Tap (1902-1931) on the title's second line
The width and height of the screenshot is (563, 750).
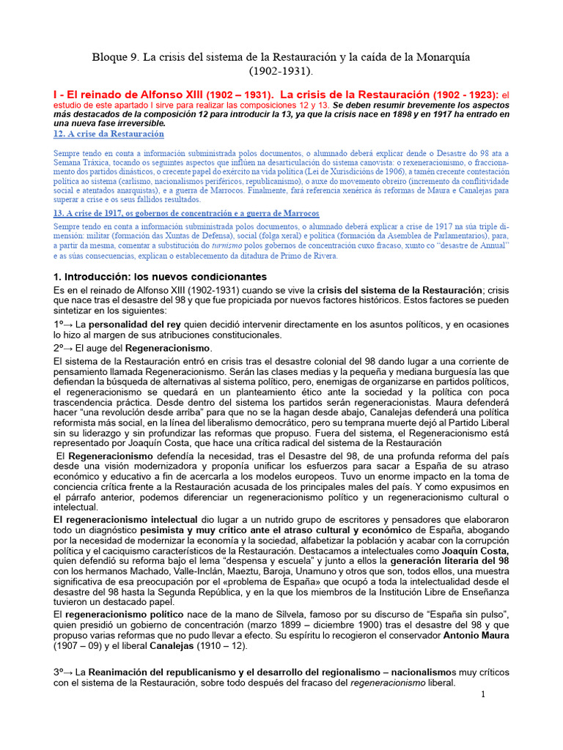(x=281, y=72)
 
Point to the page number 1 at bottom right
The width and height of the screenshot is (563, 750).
(x=484, y=694)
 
